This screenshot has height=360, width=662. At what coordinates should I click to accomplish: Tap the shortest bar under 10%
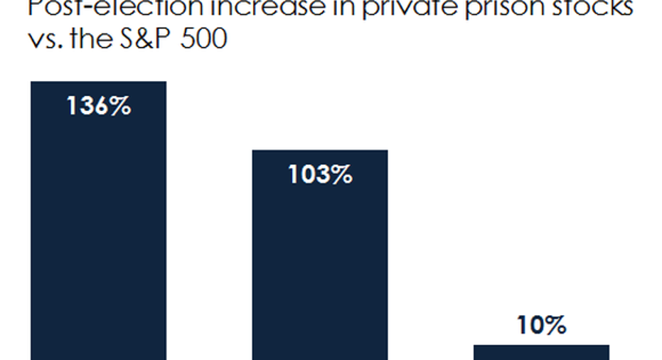[x=541, y=352]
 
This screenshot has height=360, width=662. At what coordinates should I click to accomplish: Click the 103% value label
[x=320, y=174]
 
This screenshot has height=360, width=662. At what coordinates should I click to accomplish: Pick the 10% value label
[x=541, y=326]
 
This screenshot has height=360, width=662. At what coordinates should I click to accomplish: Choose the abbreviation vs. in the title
[x=49, y=39]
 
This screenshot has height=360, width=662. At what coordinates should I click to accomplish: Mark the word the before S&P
[x=99, y=39]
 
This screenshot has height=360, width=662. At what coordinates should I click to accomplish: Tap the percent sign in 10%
[x=556, y=326]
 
